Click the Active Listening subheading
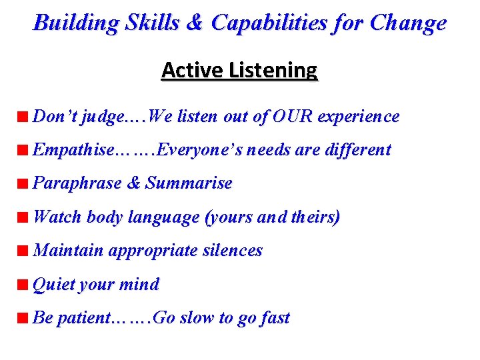(239, 70)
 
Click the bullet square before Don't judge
(23, 117)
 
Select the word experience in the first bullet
(359, 117)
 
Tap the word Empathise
(73, 150)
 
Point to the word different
(357, 150)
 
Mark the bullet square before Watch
(23, 217)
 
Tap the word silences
(234, 251)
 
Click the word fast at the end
(274, 318)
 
